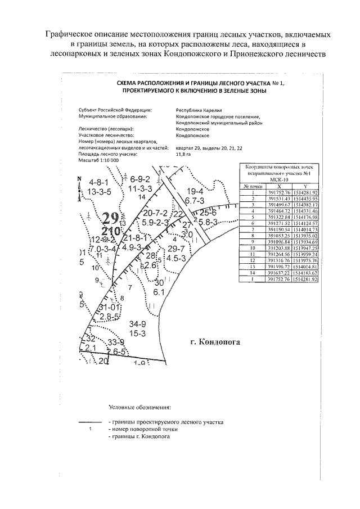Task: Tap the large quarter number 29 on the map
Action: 110,218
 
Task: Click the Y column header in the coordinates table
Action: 305,186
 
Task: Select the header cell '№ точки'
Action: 253,186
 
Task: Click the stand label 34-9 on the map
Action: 138,323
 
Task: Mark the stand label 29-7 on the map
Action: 178,249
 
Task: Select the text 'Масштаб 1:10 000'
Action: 100,160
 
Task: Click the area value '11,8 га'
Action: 183,154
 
